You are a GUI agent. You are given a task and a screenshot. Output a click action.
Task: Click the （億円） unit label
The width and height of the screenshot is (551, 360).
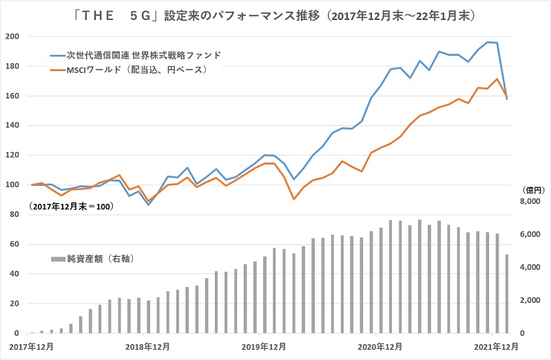coord(533,189)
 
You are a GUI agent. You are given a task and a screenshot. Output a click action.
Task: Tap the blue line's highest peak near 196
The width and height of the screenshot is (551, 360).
coord(488,42)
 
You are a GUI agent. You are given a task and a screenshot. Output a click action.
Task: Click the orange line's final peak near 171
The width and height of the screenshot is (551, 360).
coord(497,78)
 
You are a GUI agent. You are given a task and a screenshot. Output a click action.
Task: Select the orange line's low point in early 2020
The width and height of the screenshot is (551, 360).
coord(294,200)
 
